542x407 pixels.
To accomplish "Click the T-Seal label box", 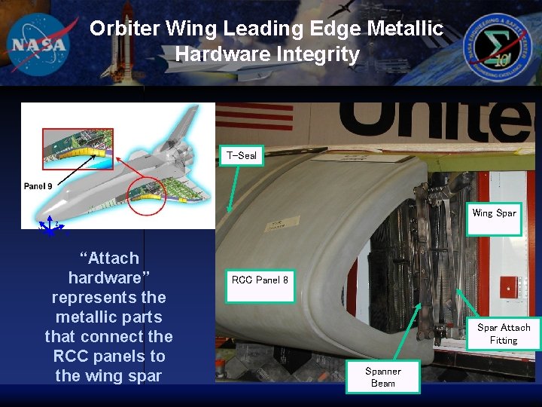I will coord(242,156).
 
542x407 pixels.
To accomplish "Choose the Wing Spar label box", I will coord(494,213).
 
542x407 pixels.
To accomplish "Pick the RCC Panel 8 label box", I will coord(260,280).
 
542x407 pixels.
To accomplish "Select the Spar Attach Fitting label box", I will coord(504,334).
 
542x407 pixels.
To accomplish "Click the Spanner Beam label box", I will coord(383,377).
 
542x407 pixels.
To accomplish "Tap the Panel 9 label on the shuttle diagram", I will coord(38,186).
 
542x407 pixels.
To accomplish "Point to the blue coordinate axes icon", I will coord(50,227).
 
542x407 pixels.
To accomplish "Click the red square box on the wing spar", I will coord(511,286).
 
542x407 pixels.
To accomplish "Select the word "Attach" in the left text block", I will coord(109,259).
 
